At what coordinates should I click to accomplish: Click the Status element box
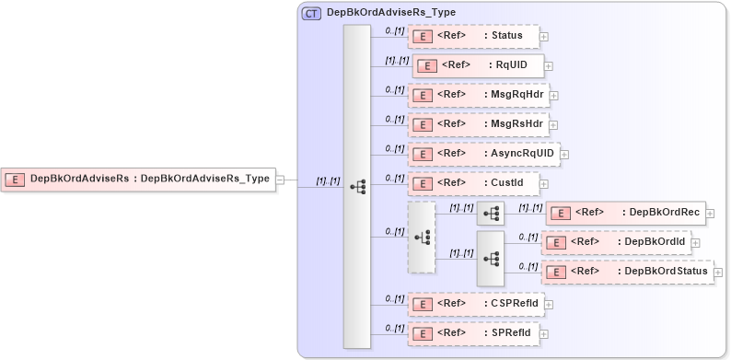pyautogui.click(x=473, y=37)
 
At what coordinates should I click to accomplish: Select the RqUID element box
pyautogui.click(x=478, y=65)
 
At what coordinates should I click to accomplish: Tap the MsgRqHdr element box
pyautogui.click(x=478, y=95)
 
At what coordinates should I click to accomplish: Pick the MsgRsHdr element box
pyautogui.click(x=478, y=124)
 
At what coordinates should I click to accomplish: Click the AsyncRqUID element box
pyautogui.click(x=483, y=154)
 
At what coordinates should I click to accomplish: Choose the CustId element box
pyautogui.click(x=473, y=183)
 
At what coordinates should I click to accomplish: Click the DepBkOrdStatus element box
pyautogui.click(x=627, y=272)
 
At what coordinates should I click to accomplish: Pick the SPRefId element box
pyautogui.click(x=474, y=332)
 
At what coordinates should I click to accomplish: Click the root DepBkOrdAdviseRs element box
pyautogui.click(x=139, y=180)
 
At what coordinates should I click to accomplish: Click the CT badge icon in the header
pyautogui.click(x=312, y=14)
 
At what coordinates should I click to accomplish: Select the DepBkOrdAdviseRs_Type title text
pyautogui.click(x=391, y=13)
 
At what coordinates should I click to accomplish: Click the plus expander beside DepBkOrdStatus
pyautogui.click(x=718, y=273)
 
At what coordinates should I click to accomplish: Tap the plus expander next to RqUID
pyautogui.click(x=550, y=66)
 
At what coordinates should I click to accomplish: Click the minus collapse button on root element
pyautogui.click(x=280, y=180)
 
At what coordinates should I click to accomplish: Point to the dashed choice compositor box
pyautogui.click(x=422, y=237)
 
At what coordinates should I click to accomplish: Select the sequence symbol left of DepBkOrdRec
pyautogui.click(x=491, y=214)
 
